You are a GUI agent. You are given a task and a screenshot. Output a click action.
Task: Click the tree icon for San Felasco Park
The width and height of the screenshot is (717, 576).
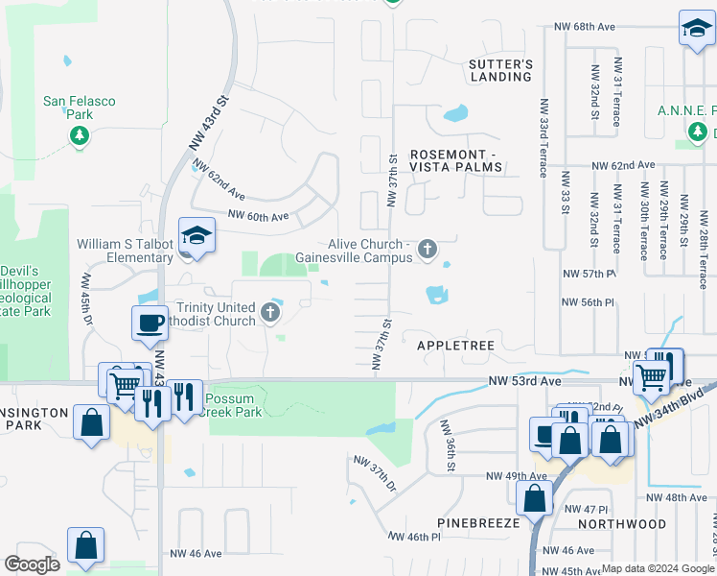(x=79, y=135)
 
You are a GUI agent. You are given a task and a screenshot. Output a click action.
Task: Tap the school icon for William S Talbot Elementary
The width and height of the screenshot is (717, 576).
(x=197, y=236)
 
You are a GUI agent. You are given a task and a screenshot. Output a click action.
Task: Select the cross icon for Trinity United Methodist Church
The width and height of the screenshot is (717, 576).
(x=271, y=312)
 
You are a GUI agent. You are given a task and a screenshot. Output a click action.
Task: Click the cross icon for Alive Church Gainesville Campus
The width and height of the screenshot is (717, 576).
(x=428, y=251)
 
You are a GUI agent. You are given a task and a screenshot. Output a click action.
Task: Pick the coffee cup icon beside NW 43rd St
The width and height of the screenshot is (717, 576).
(x=150, y=324)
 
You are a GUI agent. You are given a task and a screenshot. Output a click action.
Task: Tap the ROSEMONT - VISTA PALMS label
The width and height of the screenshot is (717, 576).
(x=455, y=160)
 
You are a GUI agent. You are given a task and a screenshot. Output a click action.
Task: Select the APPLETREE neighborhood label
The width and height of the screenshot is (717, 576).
(x=454, y=343)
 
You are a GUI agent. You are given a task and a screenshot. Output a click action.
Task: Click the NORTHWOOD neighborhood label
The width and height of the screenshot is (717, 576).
(x=622, y=524)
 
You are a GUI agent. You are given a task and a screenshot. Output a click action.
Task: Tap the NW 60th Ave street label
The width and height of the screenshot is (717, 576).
(x=258, y=216)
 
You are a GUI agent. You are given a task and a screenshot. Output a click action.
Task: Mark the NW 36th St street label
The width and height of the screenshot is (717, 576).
(x=448, y=446)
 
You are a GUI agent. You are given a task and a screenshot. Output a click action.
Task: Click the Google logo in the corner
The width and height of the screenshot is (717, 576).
(x=32, y=564)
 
